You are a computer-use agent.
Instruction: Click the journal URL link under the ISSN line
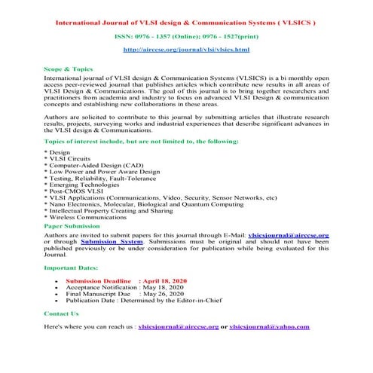(185, 49)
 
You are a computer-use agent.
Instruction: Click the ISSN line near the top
(185, 34)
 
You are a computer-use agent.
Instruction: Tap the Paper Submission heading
(73, 225)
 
